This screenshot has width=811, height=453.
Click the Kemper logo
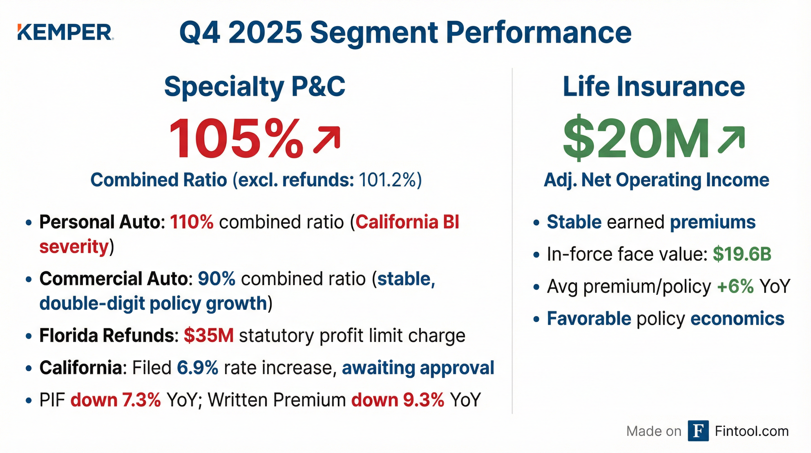click(65, 32)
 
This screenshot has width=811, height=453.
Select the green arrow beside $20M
click(731, 139)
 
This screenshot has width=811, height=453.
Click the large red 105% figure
click(236, 139)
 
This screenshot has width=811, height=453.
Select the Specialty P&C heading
click(255, 86)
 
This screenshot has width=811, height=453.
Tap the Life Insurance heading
click(654, 86)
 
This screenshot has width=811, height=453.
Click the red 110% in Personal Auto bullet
click(192, 222)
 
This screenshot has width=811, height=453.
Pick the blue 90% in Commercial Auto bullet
click(217, 279)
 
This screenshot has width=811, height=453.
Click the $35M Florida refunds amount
click(209, 336)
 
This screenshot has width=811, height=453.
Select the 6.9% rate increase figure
click(197, 368)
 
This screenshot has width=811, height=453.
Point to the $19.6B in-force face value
click(742, 254)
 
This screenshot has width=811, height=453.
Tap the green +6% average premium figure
click(735, 286)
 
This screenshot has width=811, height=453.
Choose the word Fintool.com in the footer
click(751, 431)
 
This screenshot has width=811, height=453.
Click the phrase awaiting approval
click(418, 368)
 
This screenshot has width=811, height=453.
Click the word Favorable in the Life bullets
click(589, 319)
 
